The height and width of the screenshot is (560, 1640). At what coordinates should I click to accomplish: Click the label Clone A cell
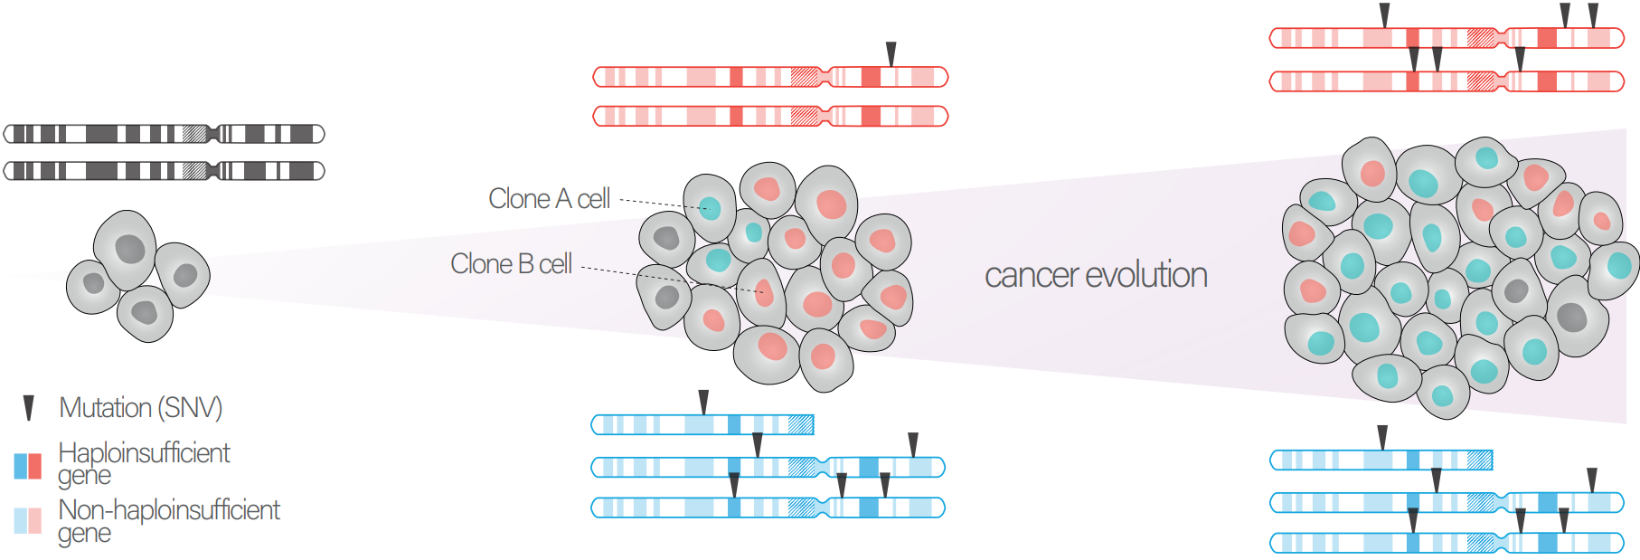tap(549, 199)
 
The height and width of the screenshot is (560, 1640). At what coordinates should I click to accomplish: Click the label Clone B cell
tap(511, 264)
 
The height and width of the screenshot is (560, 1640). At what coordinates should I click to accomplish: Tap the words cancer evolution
tap(1096, 275)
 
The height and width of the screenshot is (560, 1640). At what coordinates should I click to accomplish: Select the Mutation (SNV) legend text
tap(140, 408)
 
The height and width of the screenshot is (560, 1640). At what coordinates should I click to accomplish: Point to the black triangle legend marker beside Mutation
tap(29, 408)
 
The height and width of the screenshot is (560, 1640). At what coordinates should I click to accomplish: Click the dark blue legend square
tap(21, 466)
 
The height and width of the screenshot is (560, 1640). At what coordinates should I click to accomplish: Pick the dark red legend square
tap(35, 466)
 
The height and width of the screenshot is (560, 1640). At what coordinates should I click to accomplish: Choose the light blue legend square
tap(21, 521)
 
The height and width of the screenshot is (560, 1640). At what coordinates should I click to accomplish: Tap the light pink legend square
tap(35, 521)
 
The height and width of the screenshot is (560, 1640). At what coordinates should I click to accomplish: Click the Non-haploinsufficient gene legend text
tap(169, 520)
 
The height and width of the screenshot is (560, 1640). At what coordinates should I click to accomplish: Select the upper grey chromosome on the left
tap(164, 134)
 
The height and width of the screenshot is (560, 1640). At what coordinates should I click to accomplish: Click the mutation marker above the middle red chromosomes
tap(891, 53)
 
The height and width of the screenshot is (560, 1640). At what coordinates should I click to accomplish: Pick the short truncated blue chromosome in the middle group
tap(702, 424)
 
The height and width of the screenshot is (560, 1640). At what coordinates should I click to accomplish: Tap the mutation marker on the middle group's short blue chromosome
tap(703, 402)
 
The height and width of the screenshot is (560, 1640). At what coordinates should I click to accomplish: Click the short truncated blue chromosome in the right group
tap(1381, 460)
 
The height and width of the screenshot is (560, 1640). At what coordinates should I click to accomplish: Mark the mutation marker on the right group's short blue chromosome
tap(1382, 437)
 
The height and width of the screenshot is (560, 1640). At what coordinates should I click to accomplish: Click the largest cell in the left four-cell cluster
tap(127, 249)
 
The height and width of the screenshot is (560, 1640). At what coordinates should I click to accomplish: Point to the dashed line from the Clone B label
tap(669, 278)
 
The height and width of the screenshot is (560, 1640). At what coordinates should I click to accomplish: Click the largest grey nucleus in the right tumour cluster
tap(1572, 317)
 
